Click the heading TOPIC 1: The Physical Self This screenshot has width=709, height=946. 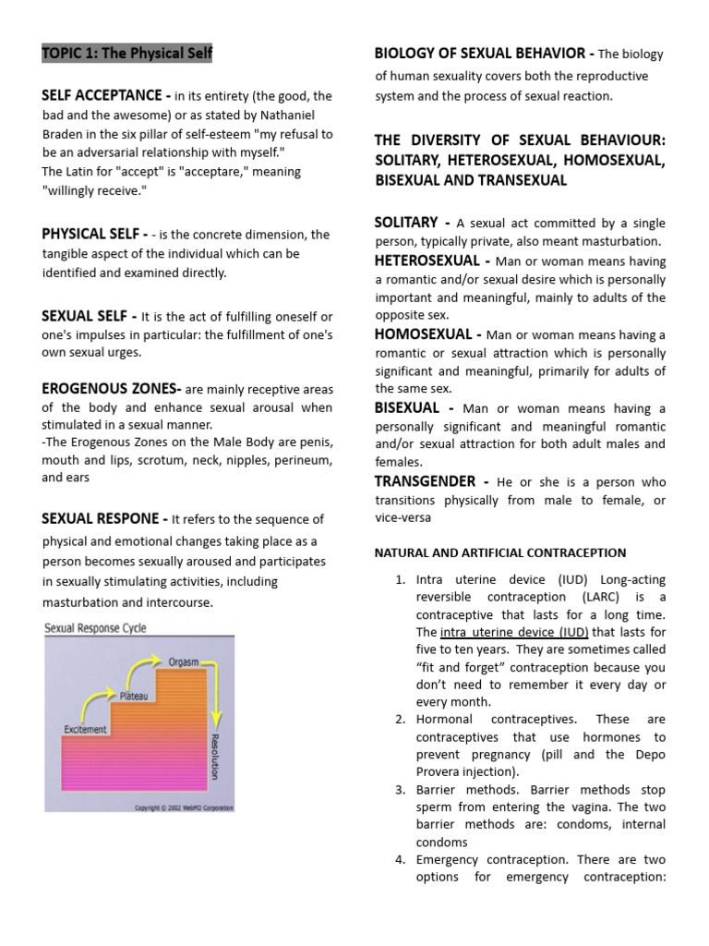tap(126, 54)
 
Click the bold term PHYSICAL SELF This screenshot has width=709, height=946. tap(86, 234)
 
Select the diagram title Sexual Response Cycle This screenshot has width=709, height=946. tap(96, 628)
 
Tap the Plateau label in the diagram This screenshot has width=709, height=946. tap(134, 695)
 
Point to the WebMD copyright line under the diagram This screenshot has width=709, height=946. tap(184, 807)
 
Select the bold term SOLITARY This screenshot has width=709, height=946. tap(406, 223)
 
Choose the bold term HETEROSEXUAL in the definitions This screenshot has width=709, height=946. tap(427, 261)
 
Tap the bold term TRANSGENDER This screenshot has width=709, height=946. tap(425, 481)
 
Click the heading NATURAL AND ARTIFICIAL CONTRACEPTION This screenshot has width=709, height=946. tap(499, 552)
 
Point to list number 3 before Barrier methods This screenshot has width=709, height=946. tap(400, 790)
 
